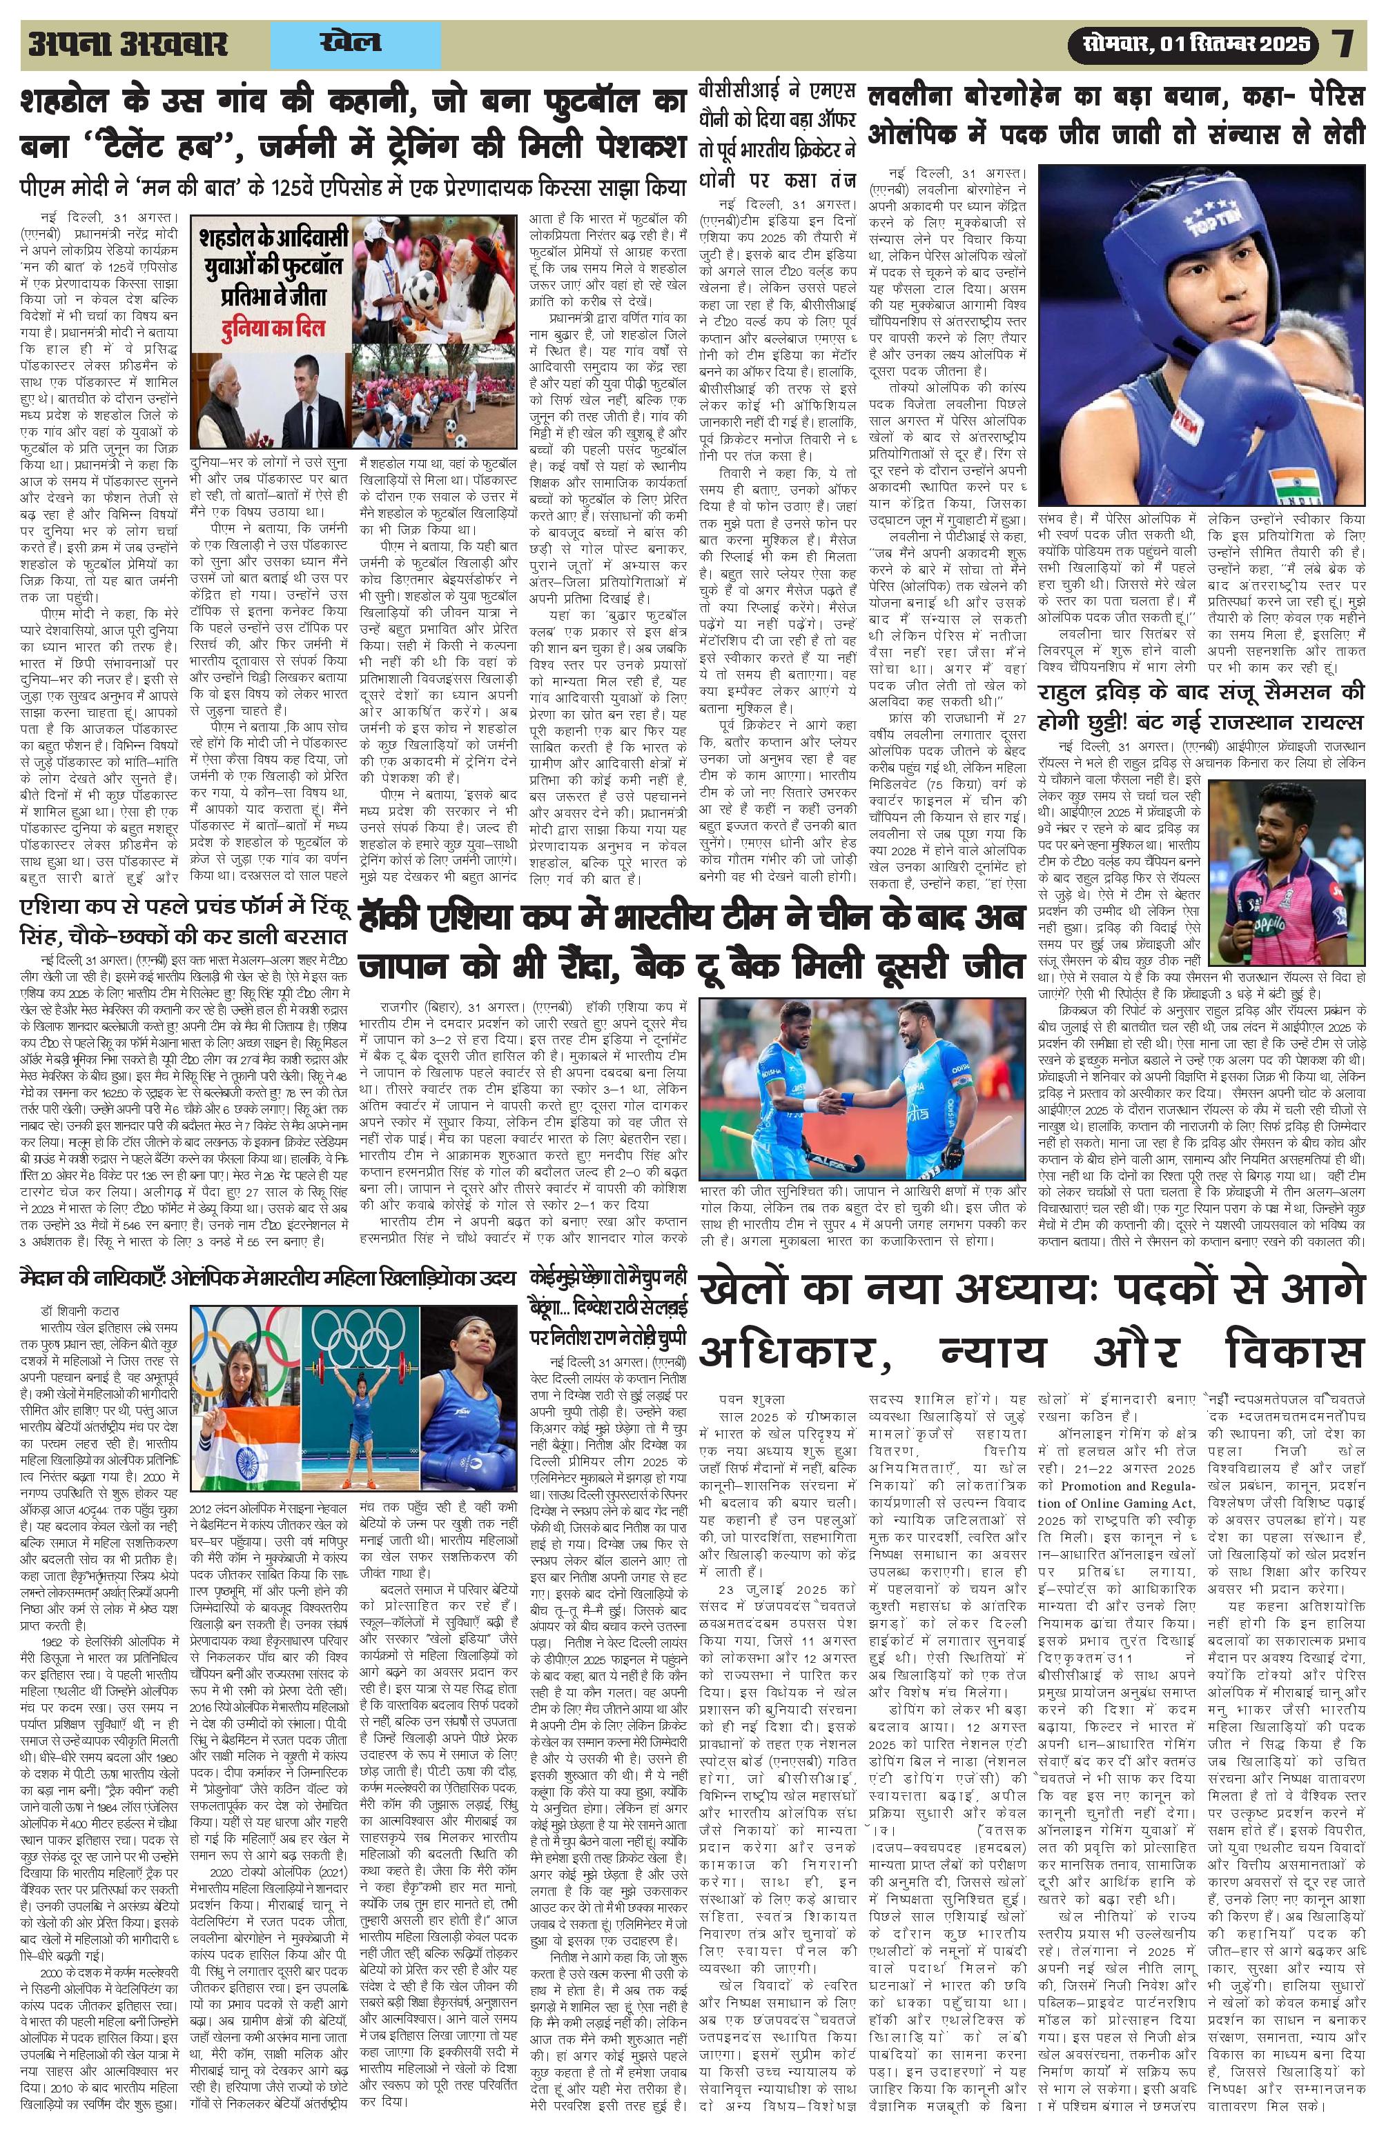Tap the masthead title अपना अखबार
[x=128, y=44]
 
